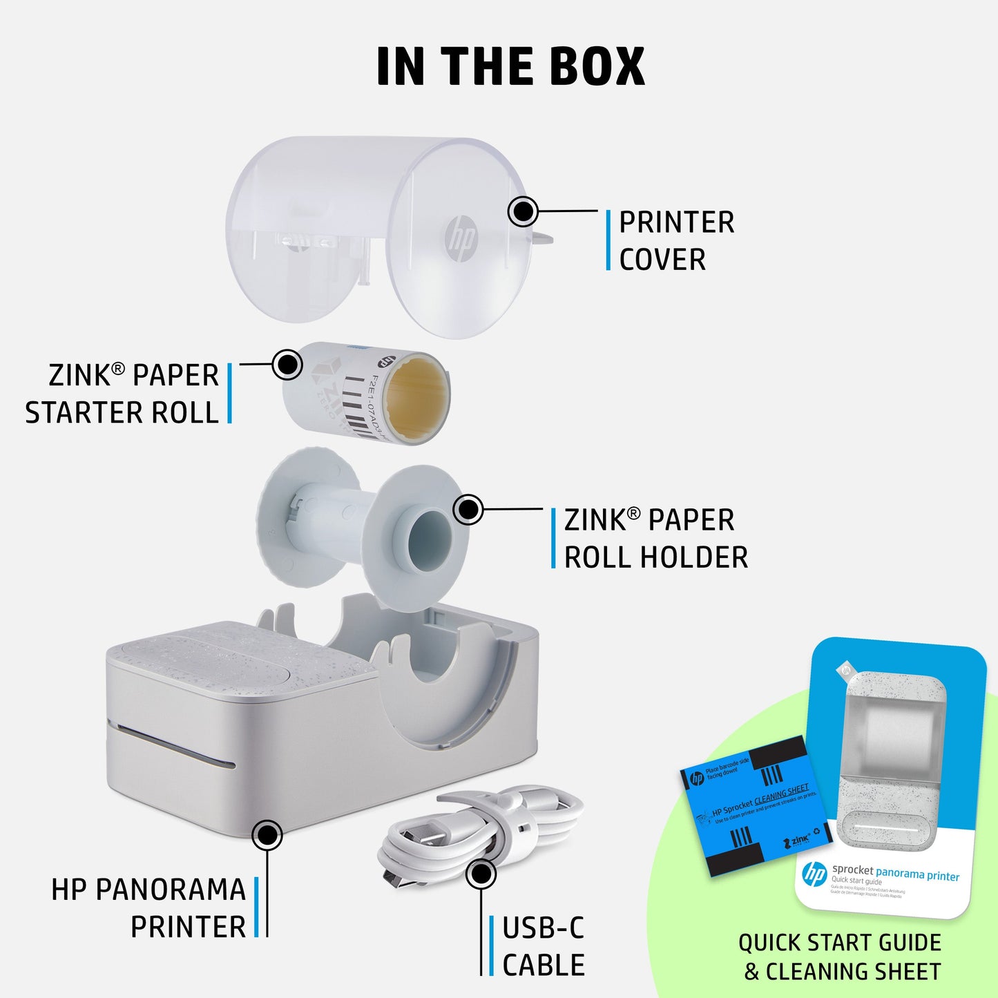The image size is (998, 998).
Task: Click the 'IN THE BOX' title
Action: [x=510, y=67]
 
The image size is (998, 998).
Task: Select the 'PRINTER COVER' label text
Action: [x=675, y=241]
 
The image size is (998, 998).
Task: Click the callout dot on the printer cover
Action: [x=523, y=211]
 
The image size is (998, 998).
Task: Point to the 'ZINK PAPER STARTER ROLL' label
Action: [x=123, y=394]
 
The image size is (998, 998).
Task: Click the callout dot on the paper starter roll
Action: [x=287, y=364]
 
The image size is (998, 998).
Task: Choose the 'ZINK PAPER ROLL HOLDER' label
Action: [x=655, y=539]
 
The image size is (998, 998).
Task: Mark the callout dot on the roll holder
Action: [x=468, y=510]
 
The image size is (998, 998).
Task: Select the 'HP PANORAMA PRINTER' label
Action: [x=149, y=908]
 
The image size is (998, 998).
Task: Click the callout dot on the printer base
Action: [x=267, y=836]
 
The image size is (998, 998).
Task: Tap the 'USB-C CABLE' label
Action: [x=543, y=946]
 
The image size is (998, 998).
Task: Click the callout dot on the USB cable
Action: [x=480, y=874]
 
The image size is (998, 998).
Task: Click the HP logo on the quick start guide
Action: [x=815, y=874]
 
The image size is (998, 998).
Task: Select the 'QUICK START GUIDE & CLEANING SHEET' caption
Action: [x=841, y=957]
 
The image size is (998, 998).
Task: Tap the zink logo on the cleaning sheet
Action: [x=797, y=841]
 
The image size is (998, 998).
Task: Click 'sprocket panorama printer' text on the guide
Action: [x=896, y=874]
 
